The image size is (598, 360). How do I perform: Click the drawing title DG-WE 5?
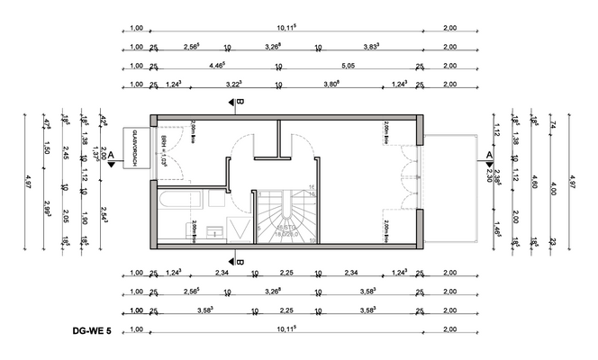point(92,331)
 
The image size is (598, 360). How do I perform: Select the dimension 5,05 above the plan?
point(348,65)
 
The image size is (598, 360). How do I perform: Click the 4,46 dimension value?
point(216,65)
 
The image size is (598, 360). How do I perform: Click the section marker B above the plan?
point(240,103)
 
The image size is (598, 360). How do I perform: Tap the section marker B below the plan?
point(240,256)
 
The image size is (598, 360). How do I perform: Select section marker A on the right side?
point(489,155)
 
